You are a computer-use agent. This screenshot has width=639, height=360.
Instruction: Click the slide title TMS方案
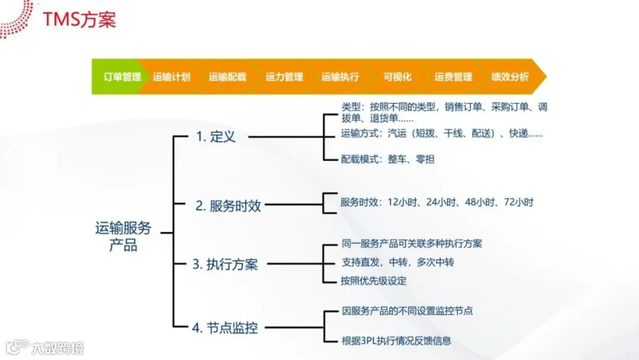79,19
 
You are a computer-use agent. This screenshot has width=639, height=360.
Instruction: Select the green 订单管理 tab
121,77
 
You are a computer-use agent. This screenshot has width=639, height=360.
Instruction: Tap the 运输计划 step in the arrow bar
171,77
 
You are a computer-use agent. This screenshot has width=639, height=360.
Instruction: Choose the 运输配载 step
227,77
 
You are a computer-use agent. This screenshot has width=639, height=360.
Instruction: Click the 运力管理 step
284,77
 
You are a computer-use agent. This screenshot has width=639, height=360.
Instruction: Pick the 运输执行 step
340,77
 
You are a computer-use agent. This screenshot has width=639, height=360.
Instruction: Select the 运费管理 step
453,77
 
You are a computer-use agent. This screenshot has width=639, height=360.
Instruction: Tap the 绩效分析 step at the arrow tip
510,77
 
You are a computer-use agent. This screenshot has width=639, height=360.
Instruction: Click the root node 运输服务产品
123,237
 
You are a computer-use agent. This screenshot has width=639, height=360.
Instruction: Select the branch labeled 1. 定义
215,137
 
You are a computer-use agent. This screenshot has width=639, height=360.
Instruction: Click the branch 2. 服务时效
228,207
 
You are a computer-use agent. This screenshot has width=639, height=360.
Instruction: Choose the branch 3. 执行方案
224,265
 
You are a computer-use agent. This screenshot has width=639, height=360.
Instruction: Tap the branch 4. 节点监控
224,328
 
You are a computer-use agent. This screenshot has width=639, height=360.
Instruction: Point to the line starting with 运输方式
442,133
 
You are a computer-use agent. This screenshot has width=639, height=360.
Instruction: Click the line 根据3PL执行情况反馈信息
396,341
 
